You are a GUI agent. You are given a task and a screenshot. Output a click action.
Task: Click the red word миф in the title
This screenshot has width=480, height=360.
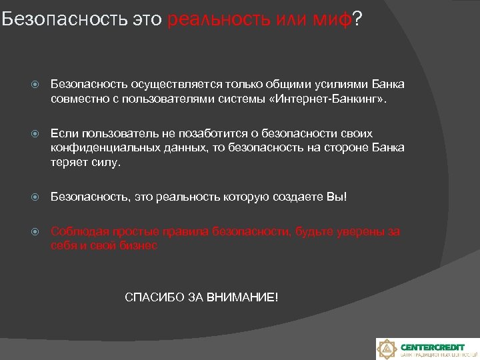click(x=331, y=20)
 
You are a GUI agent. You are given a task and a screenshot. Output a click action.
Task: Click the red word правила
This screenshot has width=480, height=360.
click(x=185, y=232)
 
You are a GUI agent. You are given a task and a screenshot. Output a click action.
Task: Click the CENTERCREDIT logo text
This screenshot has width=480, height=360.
click(x=433, y=347)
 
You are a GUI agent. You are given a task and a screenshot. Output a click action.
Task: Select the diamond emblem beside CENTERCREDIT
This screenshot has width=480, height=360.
click(x=387, y=349)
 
